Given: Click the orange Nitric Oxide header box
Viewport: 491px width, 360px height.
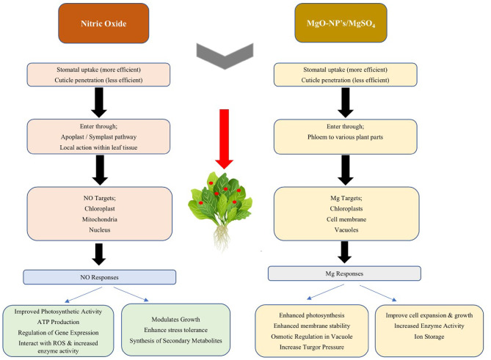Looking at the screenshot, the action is (x=103, y=23).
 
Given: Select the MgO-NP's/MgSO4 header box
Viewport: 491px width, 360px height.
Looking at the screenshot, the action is (x=341, y=23).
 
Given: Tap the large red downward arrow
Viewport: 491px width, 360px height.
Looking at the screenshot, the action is (x=224, y=139).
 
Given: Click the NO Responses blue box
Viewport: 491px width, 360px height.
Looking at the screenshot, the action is (x=100, y=277).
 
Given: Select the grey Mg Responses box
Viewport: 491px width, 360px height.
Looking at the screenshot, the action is (x=344, y=273).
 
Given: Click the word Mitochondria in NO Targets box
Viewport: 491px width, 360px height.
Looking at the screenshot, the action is (x=100, y=219).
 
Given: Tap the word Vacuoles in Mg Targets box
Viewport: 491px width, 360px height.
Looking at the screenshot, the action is (x=346, y=230).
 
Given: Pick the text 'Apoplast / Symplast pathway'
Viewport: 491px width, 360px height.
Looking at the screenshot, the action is (x=98, y=137).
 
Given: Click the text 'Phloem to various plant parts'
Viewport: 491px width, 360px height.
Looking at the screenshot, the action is (x=345, y=137).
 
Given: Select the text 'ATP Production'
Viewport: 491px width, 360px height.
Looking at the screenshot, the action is (x=58, y=322).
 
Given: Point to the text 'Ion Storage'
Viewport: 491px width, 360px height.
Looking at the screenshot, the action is (x=429, y=337).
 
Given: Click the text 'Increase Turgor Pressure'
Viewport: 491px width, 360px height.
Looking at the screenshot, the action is (x=312, y=348).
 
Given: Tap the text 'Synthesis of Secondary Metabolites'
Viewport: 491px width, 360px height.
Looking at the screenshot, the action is (x=175, y=341).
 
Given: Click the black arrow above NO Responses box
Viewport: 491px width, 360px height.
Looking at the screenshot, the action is (x=99, y=254).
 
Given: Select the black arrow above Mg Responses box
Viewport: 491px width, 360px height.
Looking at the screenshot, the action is (x=344, y=252).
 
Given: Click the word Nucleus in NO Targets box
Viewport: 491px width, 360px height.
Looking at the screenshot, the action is (x=100, y=230).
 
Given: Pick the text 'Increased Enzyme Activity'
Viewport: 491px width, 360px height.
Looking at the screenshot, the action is (x=429, y=326).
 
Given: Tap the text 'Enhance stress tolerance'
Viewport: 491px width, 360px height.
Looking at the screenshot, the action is (x=175, y=330).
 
